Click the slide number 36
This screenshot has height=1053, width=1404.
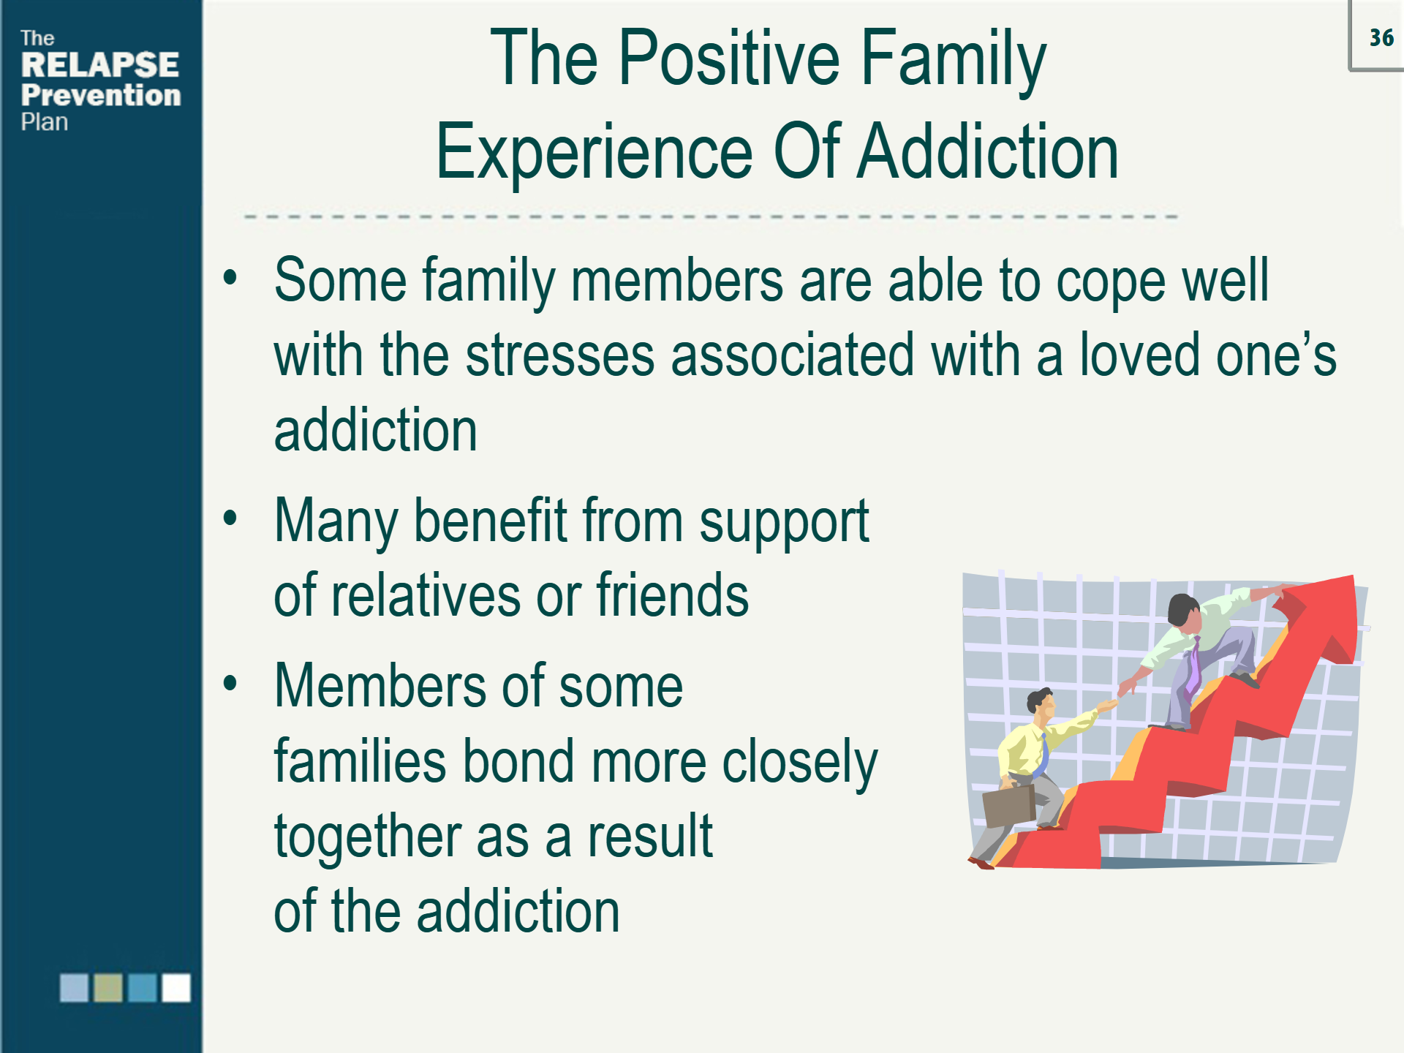(1381, 37)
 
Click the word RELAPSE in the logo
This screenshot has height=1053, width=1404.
(99, 65)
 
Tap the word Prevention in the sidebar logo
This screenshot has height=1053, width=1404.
(101, 95)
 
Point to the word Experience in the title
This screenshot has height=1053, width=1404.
(594, 152)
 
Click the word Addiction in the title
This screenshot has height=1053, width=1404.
(987, 152)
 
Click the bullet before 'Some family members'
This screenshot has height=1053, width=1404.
(230, 278)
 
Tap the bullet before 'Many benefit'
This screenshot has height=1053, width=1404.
(230, 518)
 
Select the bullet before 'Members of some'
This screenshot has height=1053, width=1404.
(230, 683)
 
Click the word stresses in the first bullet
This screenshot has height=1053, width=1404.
(560, 355)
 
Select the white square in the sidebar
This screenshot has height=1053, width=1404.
(176, 987)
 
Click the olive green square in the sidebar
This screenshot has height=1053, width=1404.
(108, 987)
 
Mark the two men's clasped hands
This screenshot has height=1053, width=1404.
(1119, 696)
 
